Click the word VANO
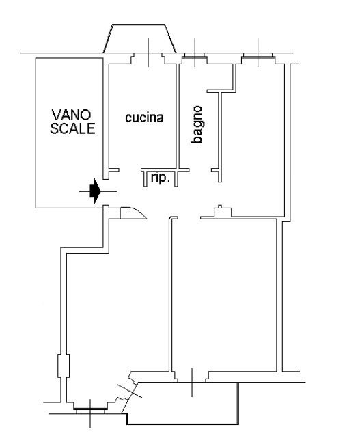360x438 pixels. point(71,115)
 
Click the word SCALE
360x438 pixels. point(72,128)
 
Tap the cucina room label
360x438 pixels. point(144,118)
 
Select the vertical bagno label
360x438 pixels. point(197,124)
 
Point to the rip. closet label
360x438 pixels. point(161,178)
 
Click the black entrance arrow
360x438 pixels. point(95,191)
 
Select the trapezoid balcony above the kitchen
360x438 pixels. point(139,38)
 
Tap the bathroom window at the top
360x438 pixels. point(195,57)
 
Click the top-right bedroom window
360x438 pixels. point(258,57)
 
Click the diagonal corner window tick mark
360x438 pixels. point(129,391)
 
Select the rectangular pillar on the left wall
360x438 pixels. point(64,366)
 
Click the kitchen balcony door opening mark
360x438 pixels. point(148,53)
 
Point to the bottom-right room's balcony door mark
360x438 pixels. point(192,383)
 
